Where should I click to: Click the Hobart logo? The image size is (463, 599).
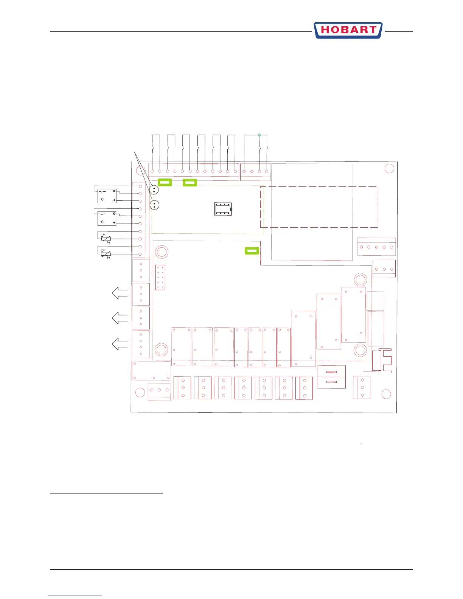pyautogui.click(x=348, y=30)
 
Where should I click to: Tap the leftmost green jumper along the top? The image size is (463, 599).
pyautogui.click(x=165, y=183)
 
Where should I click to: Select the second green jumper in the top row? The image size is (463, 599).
pyautogui.click(x=190, y=183)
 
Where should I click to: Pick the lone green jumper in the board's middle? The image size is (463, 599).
pyautogui.click(x=252, y=250)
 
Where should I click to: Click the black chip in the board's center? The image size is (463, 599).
pyautogui.click(x=223, y=209)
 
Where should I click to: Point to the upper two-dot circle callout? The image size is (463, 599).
pyautogui.click(x=154, y=190)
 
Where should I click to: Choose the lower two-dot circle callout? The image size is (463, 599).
pyautogui.click(x=154, y=205)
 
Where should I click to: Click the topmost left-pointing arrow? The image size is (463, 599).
pyautogui.click(x=120, y=293)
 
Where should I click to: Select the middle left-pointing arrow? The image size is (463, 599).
pyautogui.click(x=120, y=318)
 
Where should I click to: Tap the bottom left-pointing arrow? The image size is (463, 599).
pyautogui.click(x=120, y=344)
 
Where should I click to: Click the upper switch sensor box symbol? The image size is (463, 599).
pyautogui.click(x=107, y=196)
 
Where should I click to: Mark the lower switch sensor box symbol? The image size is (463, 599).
pyautogui.click(x=107, y=218)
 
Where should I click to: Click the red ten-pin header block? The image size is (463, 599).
pyautogui.click(x=160, y=277)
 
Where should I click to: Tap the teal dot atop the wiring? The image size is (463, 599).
pyautogui.click(x=259, y=135)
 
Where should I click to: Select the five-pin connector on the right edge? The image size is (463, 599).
pyautogui.click(x=376, y=247)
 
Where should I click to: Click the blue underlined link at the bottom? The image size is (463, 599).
pyautogui.click(x=75, y=596)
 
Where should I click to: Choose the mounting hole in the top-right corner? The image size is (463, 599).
pyautogui.click(x=389, y=169)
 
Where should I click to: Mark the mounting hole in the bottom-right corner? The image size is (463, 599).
pyautogui.click(x=386, y=394)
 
